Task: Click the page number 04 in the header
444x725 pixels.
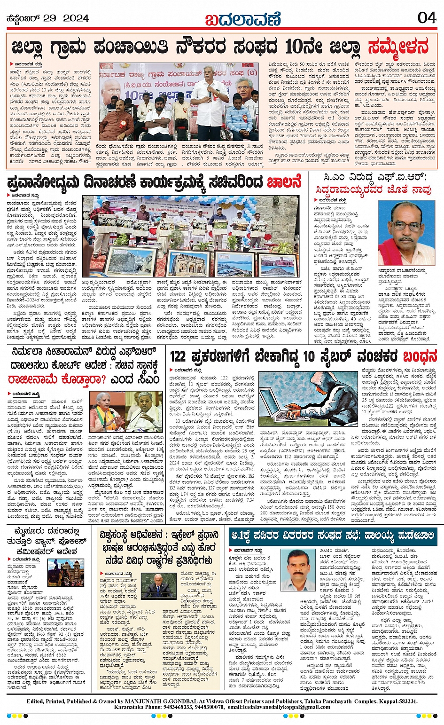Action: (427, 17)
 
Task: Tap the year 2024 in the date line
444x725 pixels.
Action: (76, 18)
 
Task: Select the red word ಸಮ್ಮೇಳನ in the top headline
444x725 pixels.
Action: (398, 47)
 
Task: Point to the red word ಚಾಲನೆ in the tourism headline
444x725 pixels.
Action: (284, 182)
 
